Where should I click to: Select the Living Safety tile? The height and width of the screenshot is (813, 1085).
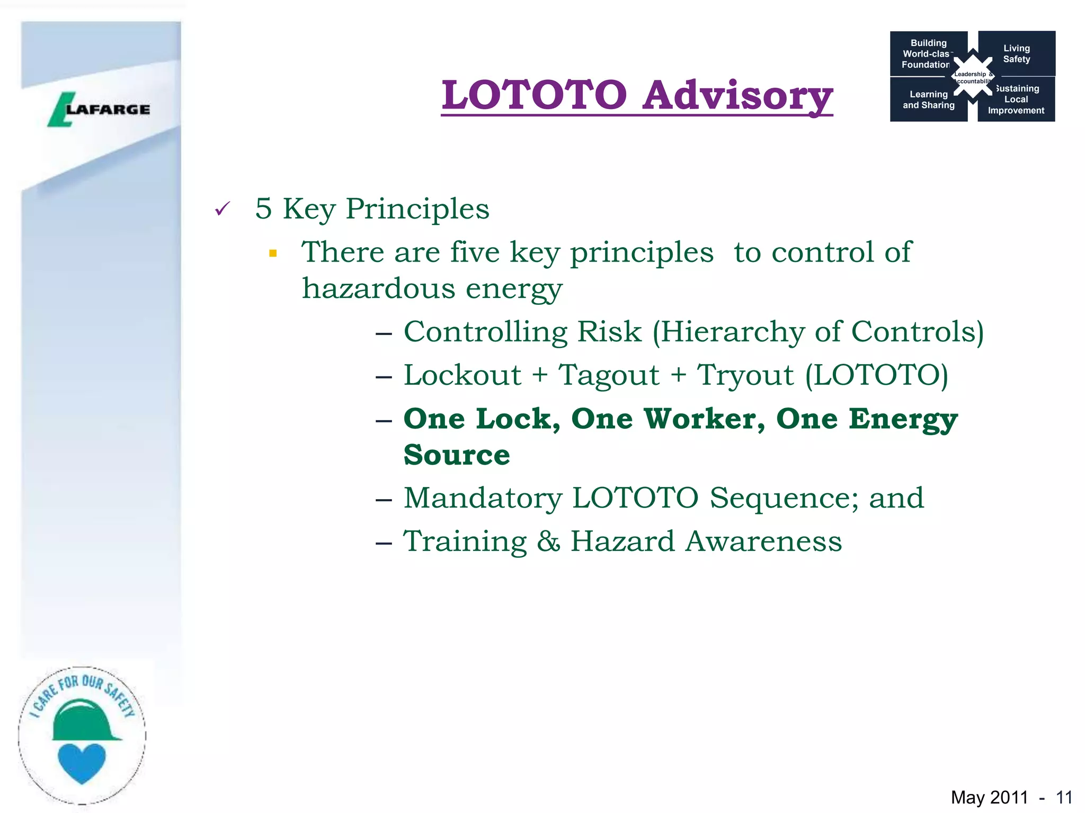tap(1016, 53)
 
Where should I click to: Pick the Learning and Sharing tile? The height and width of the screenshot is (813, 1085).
tap(928, 100)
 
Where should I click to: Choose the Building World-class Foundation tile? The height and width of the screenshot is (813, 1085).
tap(927, 53)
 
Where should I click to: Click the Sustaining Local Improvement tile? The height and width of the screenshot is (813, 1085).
tap(1016, 100)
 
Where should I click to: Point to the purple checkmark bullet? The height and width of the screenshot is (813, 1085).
tap(223, 209)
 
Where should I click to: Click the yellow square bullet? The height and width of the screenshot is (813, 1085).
tap(273, 254)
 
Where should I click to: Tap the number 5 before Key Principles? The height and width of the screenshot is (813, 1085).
tap(263, 209)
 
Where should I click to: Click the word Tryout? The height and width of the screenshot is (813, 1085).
tap(745, 375)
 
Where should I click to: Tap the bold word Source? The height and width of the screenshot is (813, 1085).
tap(457, 455)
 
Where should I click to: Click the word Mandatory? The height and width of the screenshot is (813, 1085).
tap(482, 498)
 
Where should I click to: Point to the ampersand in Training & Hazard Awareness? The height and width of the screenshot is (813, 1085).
tap(548, 541)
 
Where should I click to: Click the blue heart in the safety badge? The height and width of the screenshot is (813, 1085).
tap(82, 762)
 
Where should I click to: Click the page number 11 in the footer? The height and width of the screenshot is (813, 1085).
tap(1064, 797)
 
